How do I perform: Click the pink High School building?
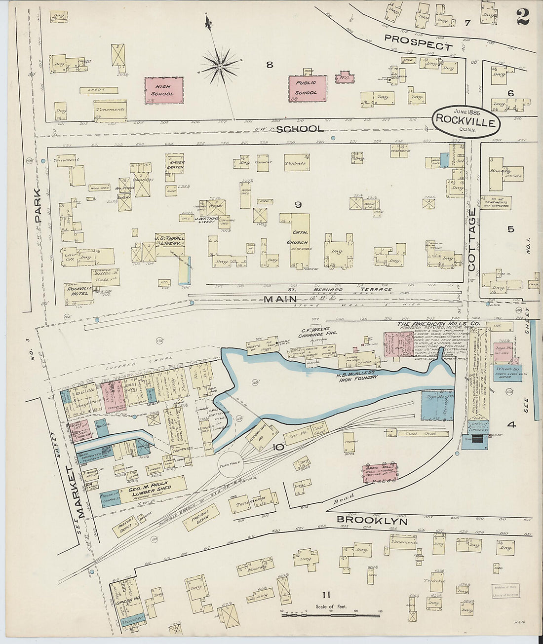click(163, 90)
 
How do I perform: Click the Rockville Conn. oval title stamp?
click(466, 120)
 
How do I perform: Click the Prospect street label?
click(418, 43)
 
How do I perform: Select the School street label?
click(300, 129)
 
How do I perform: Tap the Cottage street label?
click(472, 239)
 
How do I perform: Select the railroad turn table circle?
click(231, 465)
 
